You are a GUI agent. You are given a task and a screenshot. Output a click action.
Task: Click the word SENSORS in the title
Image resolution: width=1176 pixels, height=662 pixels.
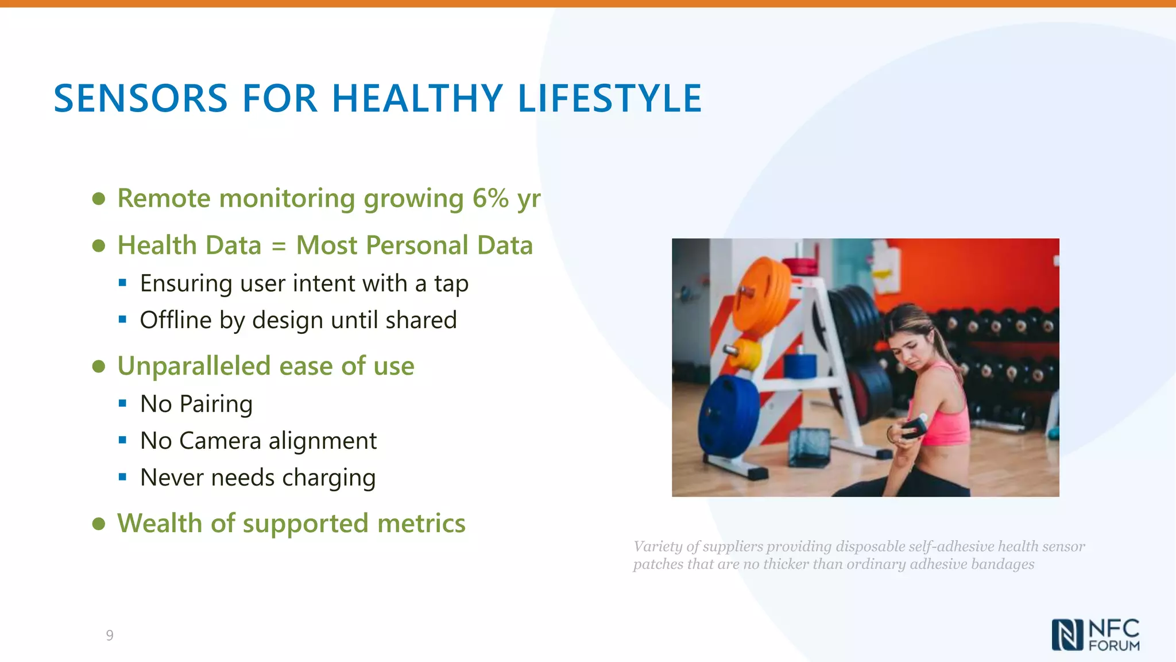(x=141, y=98)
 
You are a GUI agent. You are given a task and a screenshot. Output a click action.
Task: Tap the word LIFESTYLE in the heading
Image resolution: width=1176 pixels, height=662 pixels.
(x=610, y=98)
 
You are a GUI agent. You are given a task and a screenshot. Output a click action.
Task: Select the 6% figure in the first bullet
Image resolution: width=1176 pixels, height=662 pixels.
(x=491, y=198)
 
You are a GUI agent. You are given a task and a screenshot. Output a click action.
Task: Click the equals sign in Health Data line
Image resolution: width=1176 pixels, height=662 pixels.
(x=278, y=247)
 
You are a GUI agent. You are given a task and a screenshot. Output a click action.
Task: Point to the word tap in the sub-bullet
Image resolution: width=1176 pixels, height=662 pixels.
(x=451, y=284)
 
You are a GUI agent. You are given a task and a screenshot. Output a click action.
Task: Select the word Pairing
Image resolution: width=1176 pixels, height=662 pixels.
(x=216, y=405)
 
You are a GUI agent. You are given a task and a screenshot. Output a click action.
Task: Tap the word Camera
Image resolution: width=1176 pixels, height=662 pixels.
(x=220, y=441)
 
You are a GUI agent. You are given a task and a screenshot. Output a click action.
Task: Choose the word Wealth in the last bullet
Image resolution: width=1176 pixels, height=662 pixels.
(x=160, y=524)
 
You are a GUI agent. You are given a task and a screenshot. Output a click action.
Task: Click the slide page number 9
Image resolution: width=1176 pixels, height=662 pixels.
(x=110, y=635)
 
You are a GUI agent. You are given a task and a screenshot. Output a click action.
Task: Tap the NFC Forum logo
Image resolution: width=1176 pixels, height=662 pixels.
(x=1096, y=635)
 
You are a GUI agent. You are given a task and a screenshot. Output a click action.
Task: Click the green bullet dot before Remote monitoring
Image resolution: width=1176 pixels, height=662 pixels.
(x=99, y=199)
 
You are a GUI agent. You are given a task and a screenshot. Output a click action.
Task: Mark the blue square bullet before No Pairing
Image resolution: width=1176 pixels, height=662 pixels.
(x=122, y=404)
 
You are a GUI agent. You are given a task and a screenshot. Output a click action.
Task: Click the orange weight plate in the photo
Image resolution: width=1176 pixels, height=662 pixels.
(x=761, y=294)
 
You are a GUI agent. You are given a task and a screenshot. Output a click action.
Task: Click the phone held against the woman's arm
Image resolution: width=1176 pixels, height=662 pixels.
(x=914, y=428)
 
